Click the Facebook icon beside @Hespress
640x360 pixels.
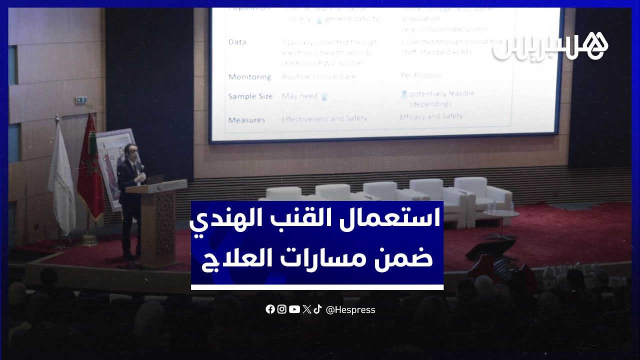[270, 309]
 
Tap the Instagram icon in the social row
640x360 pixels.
[282, 309]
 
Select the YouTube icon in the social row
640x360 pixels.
[294, 309]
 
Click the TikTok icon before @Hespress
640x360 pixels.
[317, 309]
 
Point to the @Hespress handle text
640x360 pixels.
[350, 310]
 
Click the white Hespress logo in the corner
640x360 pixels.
[550, 46]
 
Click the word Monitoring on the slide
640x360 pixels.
[249, 77]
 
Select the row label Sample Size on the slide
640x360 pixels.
[250, 96]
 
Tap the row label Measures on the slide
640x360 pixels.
[246, 120]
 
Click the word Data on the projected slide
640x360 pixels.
[237, 42]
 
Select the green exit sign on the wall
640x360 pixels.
[80, 100]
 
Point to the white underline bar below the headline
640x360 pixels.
[317, 287]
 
